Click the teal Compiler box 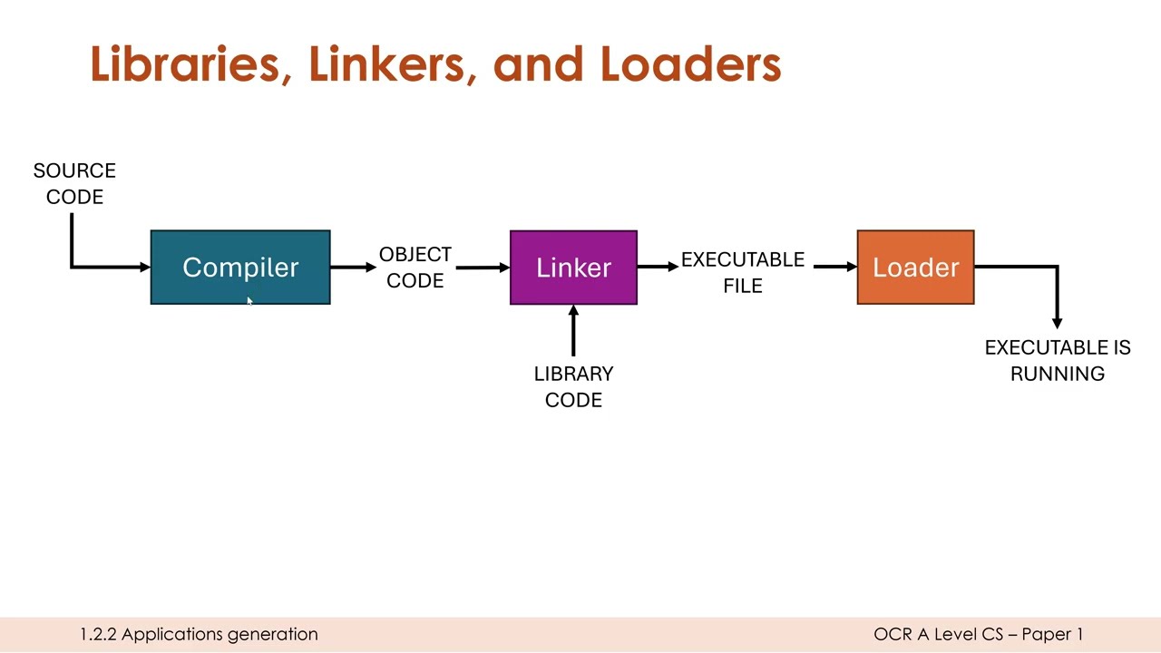pos(240,267)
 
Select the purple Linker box pos(573,267)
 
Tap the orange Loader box pos(915,267)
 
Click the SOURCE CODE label pos(74,183)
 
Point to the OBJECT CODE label pos(415,268)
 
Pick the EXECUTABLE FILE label pos(742,272)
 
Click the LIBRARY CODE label pos(573,386)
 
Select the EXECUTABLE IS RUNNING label pos(1057,360)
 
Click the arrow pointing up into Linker pos(573,331)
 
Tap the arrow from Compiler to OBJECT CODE pos(353,267)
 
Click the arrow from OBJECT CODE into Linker pos(482,267)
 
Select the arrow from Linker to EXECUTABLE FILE pos(658,267)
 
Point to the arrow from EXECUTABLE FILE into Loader pos(834,267)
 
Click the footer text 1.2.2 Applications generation pos(199,634)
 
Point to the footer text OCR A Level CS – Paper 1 pos(978,634)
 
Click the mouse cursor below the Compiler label pos(249,303)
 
